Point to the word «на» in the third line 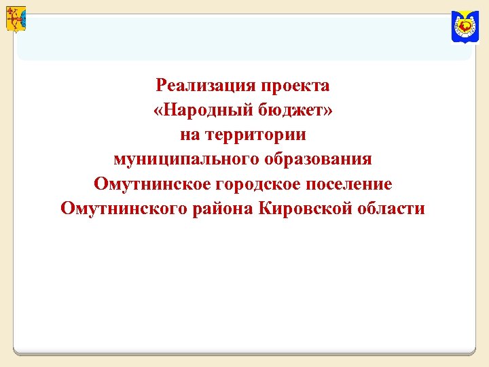coord(190,135)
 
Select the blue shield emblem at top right coord(465,27)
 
